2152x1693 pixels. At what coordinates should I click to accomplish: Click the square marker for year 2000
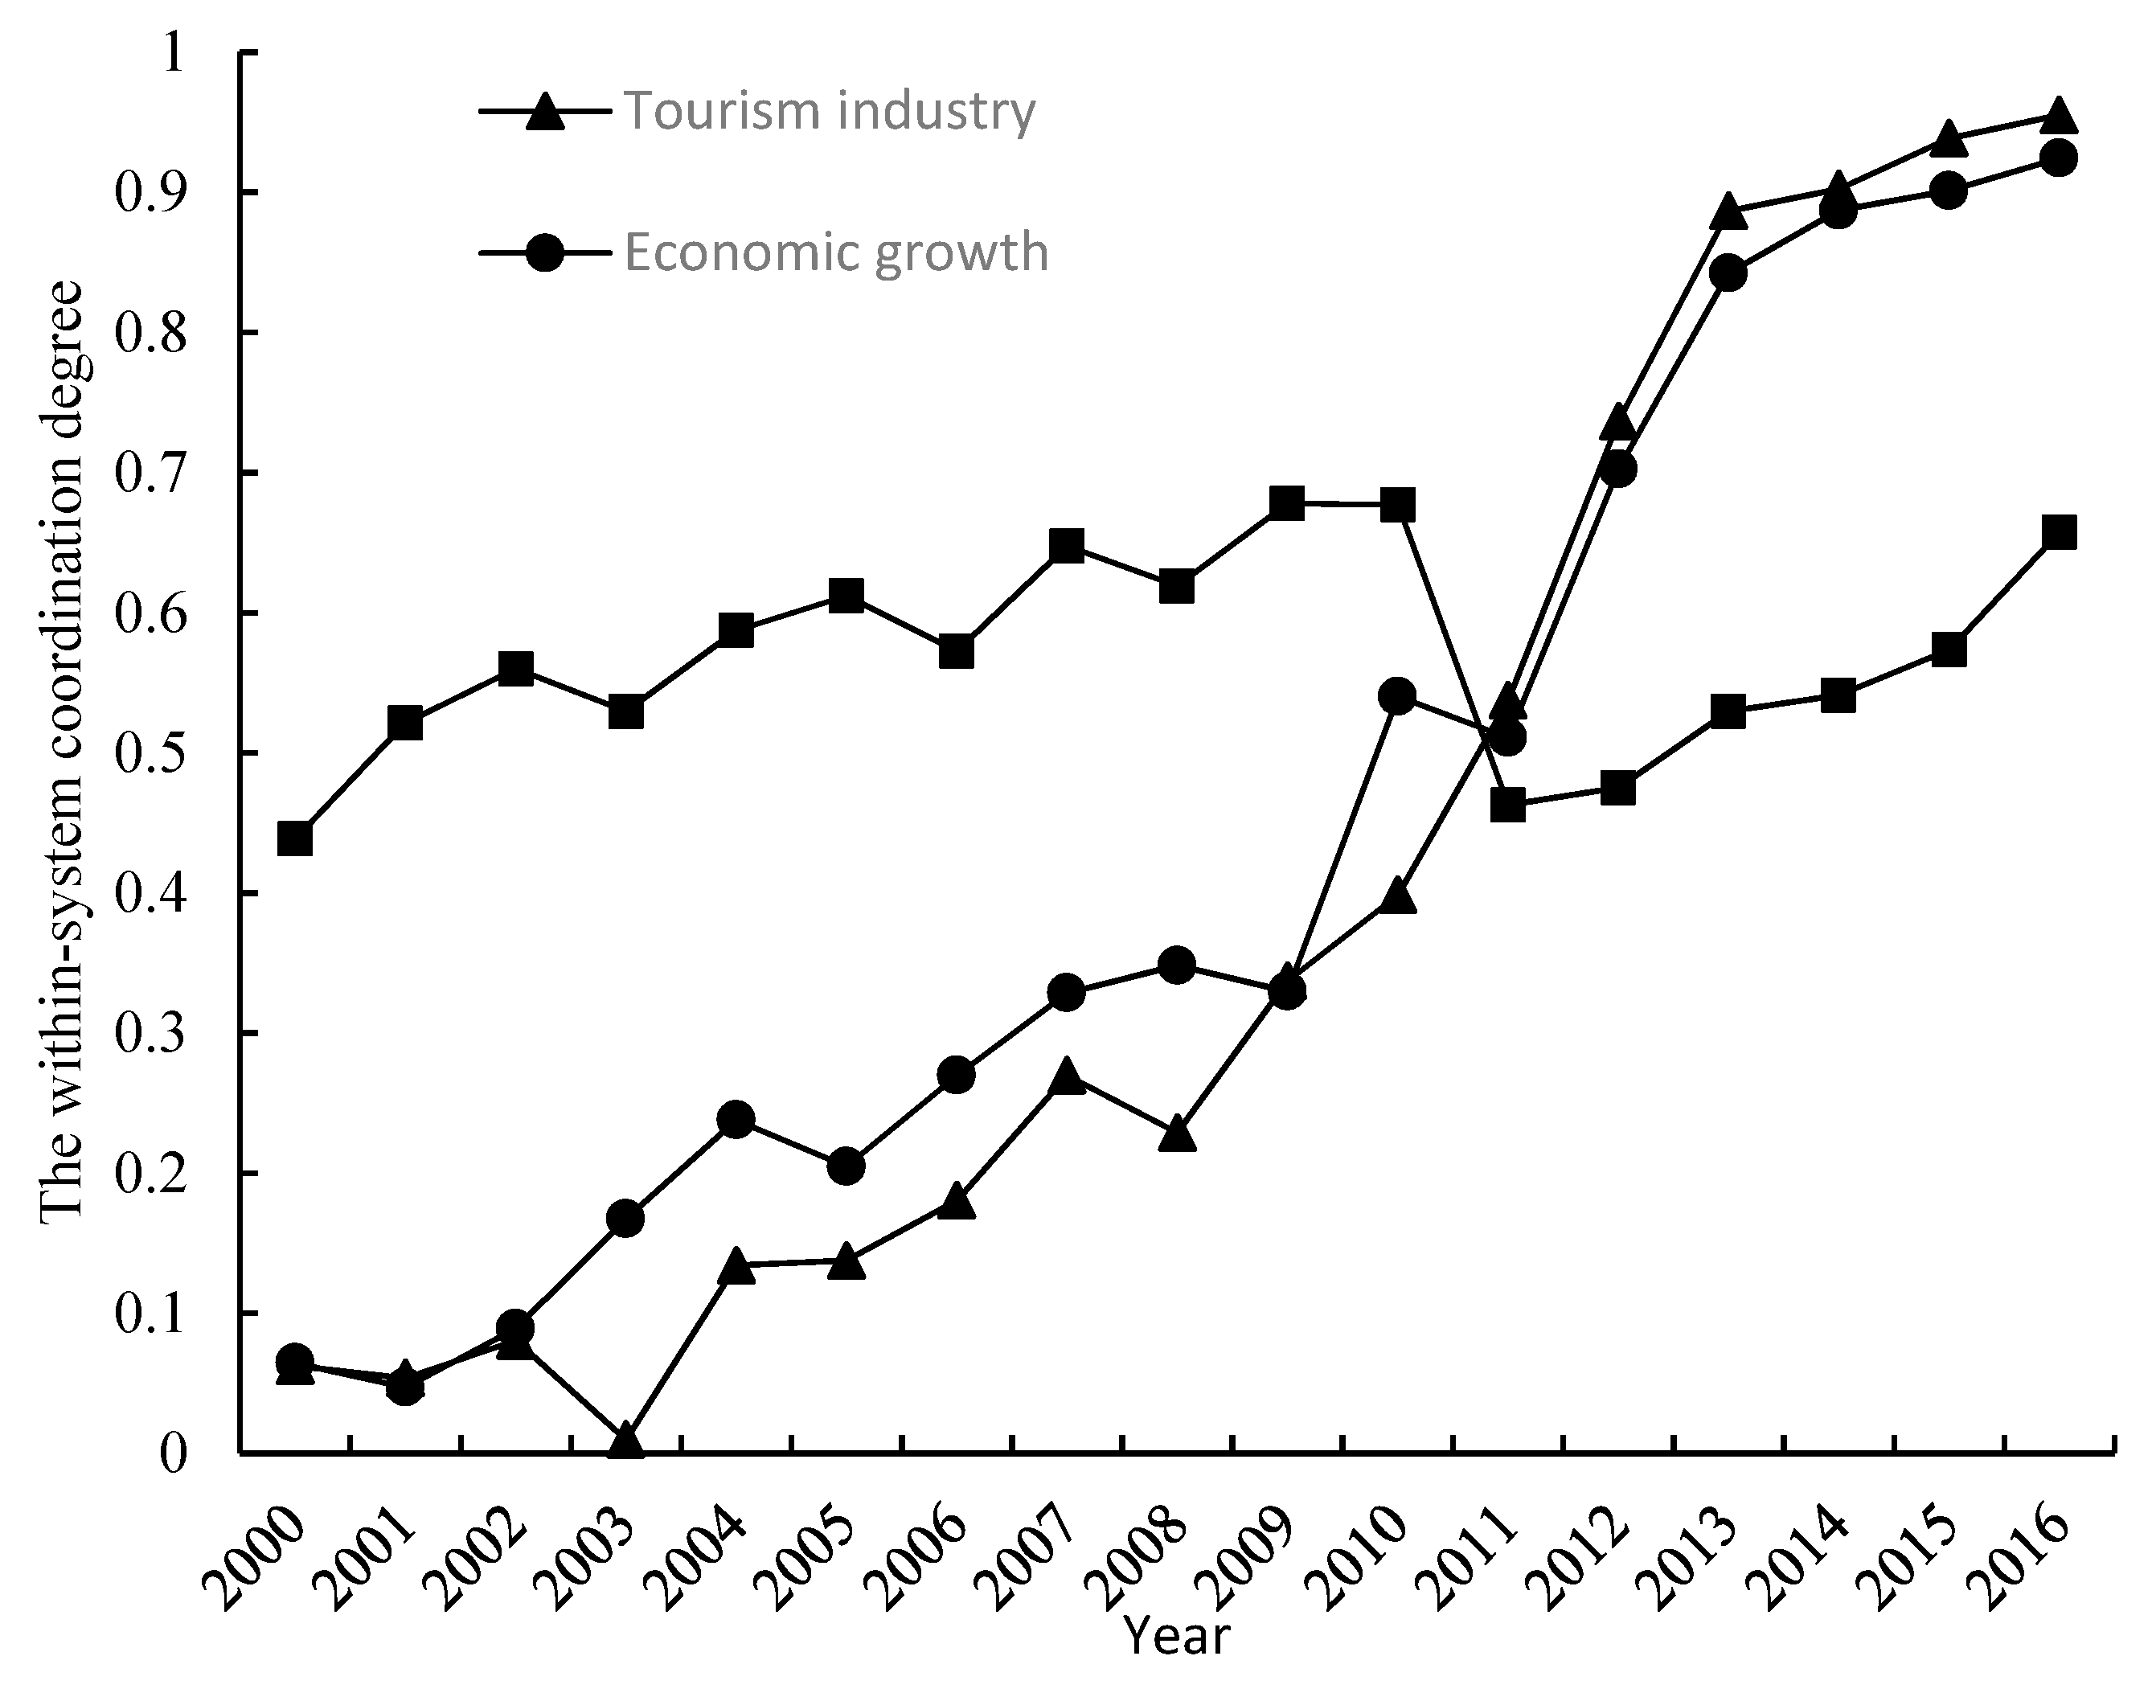295,838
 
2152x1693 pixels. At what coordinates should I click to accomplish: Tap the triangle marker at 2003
626,1441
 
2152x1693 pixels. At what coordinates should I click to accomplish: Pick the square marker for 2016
2059,532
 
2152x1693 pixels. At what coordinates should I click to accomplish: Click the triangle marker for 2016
2059,115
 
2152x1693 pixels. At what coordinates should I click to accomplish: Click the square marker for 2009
1287,503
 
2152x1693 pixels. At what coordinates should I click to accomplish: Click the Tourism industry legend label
830,111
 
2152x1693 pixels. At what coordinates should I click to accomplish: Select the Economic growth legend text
835,252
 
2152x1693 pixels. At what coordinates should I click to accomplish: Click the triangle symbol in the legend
544,111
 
